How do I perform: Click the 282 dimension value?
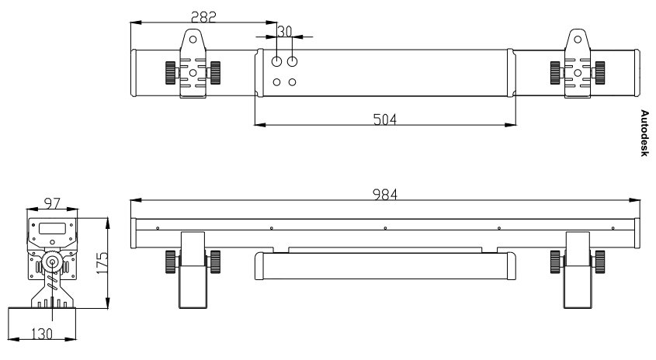(x=203, y=17)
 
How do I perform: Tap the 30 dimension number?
(x=284, y=31)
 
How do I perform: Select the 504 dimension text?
(x=384, y=119)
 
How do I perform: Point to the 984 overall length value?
(x=384, y=195)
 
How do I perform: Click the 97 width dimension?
(x=52, y=203)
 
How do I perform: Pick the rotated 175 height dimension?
(x=102, y=262)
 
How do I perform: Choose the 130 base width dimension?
(x=42, y=334)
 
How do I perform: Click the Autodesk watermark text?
(x=644, y=133)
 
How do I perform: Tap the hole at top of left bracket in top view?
(x=193, y=40)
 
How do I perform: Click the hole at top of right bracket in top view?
(x=578, y=40)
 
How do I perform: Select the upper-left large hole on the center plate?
(x=276, y=61)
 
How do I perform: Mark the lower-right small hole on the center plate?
(x=293, y=82)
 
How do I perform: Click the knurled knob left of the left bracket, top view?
(x=170, y=73)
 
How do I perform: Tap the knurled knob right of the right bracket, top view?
(x=600, y=73)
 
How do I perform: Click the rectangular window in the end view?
(x=52, y=228)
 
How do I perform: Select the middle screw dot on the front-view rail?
(x=385, y=228)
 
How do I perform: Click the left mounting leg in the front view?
(x=193, y=270)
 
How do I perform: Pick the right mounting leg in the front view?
(x=578, y=270)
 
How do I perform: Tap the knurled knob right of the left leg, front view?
(x=215, y=261)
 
